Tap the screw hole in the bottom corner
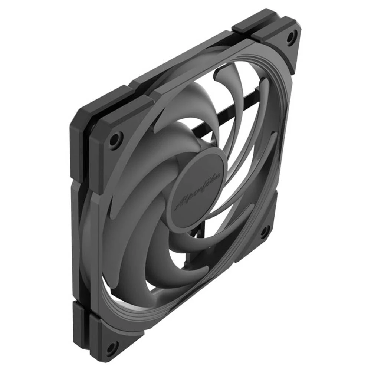click(111, 348)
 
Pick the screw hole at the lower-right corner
click(265, 232)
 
